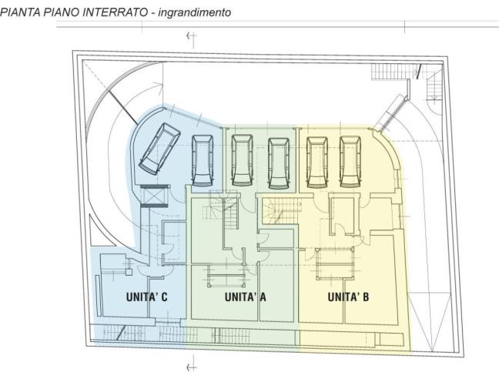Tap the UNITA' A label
(x=245, y=297)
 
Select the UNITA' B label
(x=348, y=297)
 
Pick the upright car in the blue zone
(x=203, y=160)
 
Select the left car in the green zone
(x=242, y=160)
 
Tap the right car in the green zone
(x=279, y=160)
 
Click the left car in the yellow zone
(x=315, y=160)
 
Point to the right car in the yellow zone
(x=350, y=160)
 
